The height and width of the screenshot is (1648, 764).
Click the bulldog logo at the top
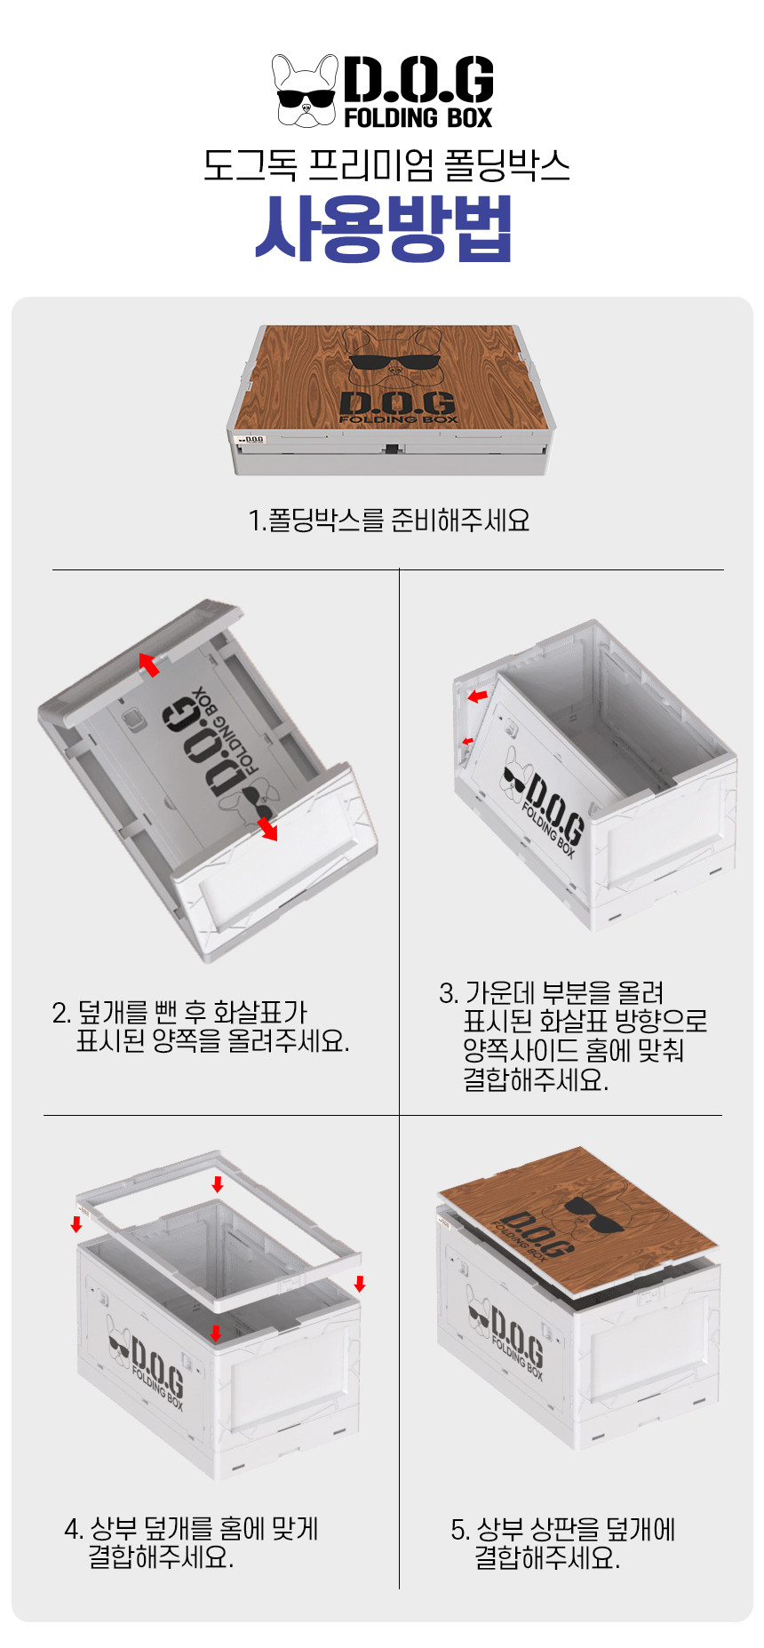tap(305, 92)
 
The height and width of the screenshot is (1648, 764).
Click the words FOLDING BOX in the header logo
tap(418, 117)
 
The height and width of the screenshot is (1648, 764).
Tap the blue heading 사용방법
tap(383, 228)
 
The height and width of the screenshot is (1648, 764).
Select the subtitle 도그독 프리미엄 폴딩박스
tap(386, 165)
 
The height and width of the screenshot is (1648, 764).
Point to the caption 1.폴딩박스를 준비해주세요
tap(389, 520)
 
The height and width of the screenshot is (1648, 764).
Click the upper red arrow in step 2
tap(149, 664)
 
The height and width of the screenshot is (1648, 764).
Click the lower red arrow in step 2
tap(267, 829)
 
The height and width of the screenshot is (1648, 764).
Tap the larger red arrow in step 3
tap(478, 696)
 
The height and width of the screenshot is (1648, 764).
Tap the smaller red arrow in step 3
tap(467, 741)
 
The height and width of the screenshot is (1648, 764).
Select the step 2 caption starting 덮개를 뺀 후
tap(201, 1026)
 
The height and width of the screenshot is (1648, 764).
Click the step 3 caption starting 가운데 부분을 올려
tap(573, 1036)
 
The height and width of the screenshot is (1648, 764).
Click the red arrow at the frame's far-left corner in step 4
tap(76, 1224)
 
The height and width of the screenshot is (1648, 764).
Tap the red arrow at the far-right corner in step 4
tap(360, 1284)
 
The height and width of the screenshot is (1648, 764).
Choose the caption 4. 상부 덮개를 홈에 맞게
tap(191, 1542)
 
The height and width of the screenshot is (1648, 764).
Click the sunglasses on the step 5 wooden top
tap(593, 1214)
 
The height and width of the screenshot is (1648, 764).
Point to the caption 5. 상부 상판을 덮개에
tap(563, 1543)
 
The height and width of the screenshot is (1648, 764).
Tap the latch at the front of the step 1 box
tap(391, 450)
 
